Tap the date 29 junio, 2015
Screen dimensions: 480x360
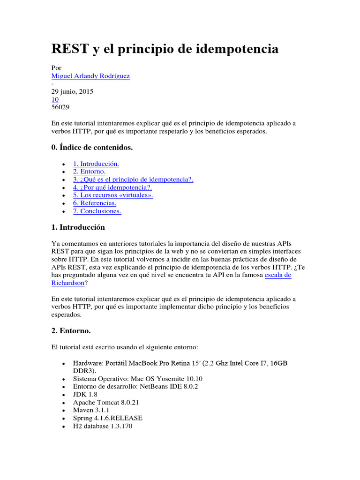pos(72,91)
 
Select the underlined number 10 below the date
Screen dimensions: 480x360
pos(54,99)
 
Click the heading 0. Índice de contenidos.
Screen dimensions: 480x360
pos(92,148)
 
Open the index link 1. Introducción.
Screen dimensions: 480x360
pos(96,164)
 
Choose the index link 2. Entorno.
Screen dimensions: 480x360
pos(89,172)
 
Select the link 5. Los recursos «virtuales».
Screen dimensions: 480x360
pos(113,195)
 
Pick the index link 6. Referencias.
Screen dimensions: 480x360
pos(95,203)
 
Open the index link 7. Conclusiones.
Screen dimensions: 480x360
pos(97,211)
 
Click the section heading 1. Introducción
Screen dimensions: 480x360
pos(78,227)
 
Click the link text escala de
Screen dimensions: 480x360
pos(278,275)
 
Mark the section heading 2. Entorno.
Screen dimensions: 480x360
pos(71,331)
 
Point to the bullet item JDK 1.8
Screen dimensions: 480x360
pos(85,395)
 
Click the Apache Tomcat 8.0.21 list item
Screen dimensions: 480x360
pos(106,402)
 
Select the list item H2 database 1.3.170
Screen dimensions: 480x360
pos(106,426)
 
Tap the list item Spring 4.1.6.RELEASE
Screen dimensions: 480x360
pos(108,418)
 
